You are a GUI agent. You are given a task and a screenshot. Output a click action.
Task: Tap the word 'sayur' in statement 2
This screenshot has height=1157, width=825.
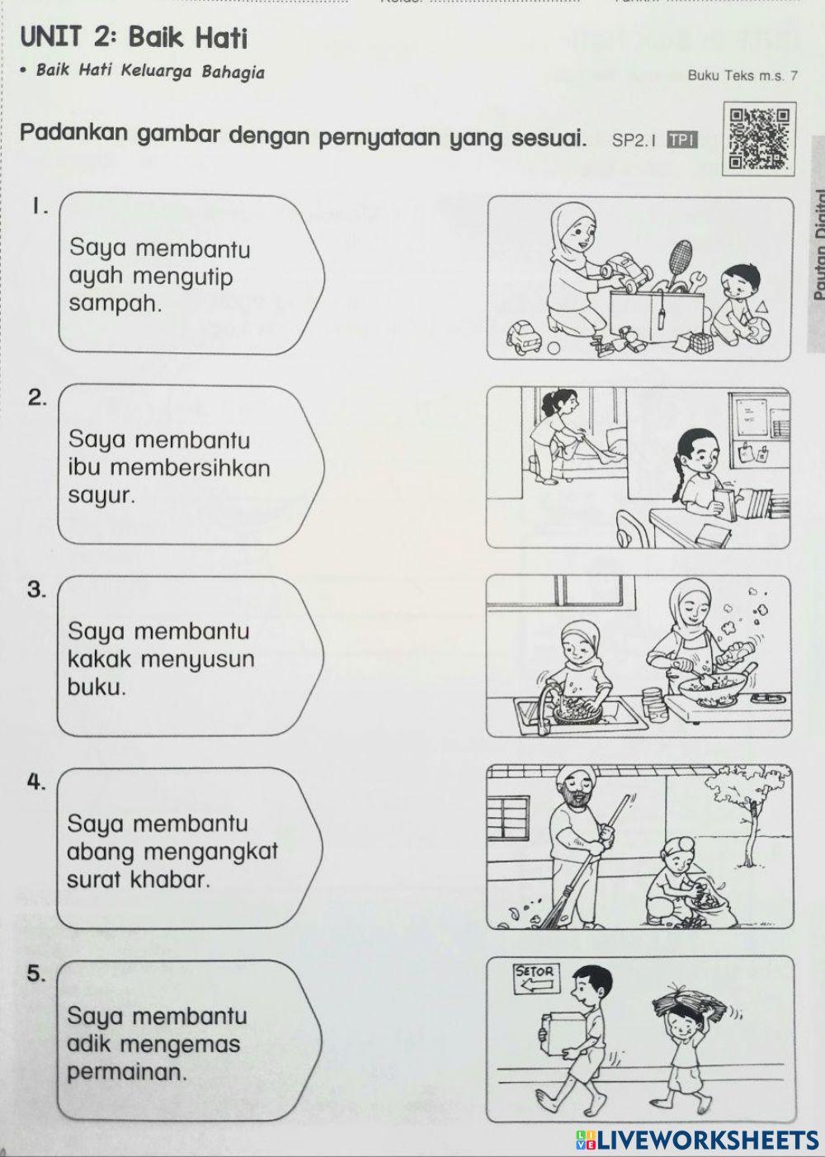101,496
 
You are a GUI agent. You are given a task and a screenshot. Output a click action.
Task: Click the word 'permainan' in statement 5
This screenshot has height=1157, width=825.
127,1073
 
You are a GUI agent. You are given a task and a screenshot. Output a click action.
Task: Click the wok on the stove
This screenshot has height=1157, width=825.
709,687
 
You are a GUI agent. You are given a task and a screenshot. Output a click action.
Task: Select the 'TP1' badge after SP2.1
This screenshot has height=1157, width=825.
681,140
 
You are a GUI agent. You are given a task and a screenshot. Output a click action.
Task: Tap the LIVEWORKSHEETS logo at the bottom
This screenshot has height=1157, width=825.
697,1140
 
